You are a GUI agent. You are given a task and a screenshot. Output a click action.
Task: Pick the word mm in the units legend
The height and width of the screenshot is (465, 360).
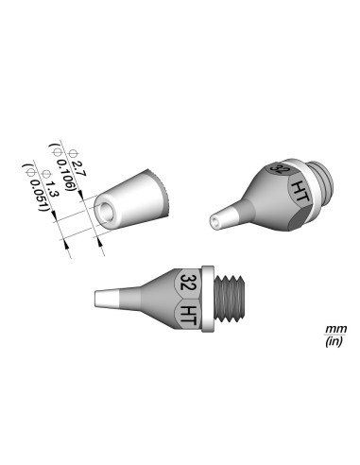[334, 327]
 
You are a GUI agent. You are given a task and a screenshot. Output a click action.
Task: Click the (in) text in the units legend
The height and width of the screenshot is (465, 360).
[334, 341]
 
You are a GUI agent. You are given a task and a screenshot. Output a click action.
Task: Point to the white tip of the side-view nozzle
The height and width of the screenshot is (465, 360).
[104, 301]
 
